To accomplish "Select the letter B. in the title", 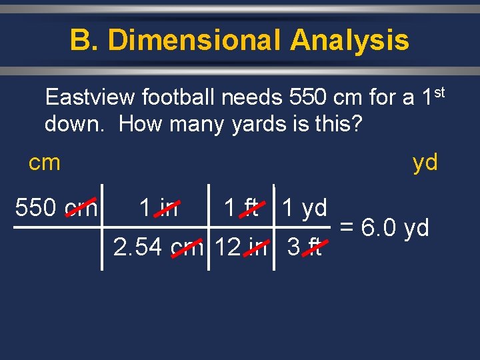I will [x=84, y=40].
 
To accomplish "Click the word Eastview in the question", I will [x=89, y=99].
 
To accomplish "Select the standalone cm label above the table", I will [x=45, y=162].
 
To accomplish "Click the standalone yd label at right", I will [x=425, y=162].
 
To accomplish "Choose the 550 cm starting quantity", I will [x=56, y=208].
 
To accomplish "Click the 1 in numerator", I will [x=159, y=208].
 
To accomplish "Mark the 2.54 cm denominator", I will [x=159, y=248].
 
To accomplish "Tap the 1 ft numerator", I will [x=241, y=208].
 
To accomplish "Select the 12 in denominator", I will [x=241, y=248].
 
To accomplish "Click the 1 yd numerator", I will [x=304, y=208].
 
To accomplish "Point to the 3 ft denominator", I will [x=304, y=248].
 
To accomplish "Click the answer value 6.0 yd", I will [x=396, y=228].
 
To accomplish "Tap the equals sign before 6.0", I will [x=347, y=228].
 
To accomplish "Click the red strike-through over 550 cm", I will [x=83, y=208].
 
